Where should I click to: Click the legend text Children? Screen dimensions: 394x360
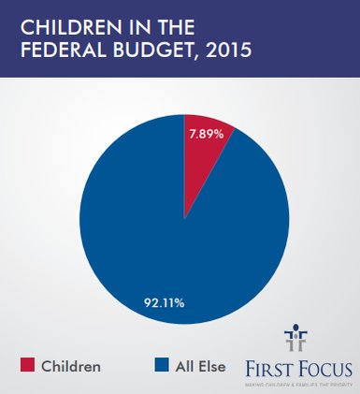pos(71,366)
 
